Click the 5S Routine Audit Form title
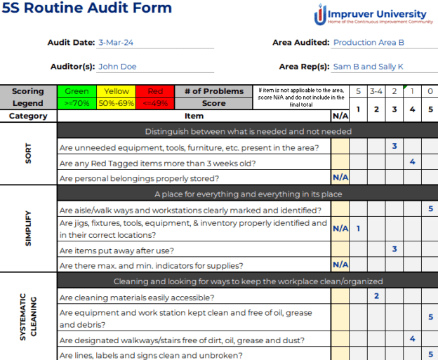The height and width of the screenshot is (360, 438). pyautogui.click(x=87, y=9)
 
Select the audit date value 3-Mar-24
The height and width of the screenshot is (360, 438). pyautogui.click(x=117, y=42)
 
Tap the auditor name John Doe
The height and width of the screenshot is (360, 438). pyautogui.click(x=117, y=67)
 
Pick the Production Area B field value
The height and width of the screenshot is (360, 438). pyautogui.click(x=369, y=42)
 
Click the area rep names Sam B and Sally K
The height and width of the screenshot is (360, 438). pyautogui.click(x=368, y=67)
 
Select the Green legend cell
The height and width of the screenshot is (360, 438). pyautogui.click(x=77, y=91)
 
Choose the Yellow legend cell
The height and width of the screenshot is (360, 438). pyautogui.click(x=117, y=91)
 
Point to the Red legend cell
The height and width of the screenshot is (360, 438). pyautogui.click(x=155, y=91)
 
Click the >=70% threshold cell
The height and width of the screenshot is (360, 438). pyautogui.click(x=77, y=103)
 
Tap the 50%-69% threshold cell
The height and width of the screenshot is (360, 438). pyautogui.click(x=117, y=103)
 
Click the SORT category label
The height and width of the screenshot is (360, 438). pyautogui.click(x=29, y=154)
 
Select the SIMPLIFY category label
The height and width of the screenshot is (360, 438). pyautogui.click(x=29, y=229)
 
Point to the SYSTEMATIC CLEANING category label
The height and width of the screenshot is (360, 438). pyautogui.click(x=29, y=319)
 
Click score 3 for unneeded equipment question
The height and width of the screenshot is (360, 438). pyautogui.click(x=394, y=147)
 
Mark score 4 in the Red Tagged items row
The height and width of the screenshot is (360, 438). pyautogui.click(x=412, y=162)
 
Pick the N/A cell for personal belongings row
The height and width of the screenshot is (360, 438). pyautogui.click(x=340, y=178)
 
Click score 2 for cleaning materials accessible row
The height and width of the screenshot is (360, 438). pyautogui.click(x=376, y=296)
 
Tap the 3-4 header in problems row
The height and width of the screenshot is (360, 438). pyautogui.click(x=376, y=91)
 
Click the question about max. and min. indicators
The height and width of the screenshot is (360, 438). pyautogui.click(x=151, y=265)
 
